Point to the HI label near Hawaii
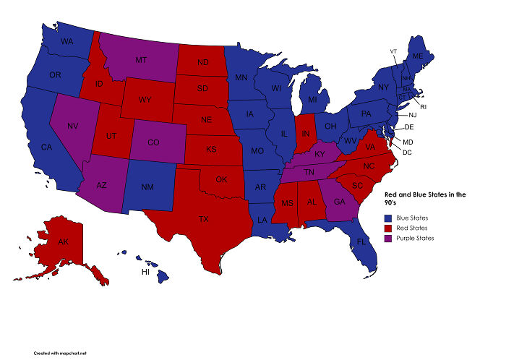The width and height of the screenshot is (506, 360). click(x=145, y=273)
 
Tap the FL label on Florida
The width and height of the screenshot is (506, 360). click(x=360, y=242)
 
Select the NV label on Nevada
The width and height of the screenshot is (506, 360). click(x=72, y=126)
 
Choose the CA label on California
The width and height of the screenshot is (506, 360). click(x=46, y=147)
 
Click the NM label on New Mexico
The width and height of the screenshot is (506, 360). click(x=147, y=187)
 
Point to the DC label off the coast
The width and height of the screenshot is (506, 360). click(x=407, y=152)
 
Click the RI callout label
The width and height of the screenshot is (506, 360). click(x=424, y=106)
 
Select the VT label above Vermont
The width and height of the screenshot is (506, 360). click(x=393, y=51)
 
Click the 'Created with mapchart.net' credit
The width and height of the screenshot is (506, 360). click(x=64, y=352)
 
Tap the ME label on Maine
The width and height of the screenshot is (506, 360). click(x=418, y=56)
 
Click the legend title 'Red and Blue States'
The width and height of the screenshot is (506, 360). click(x=425, y=194)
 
